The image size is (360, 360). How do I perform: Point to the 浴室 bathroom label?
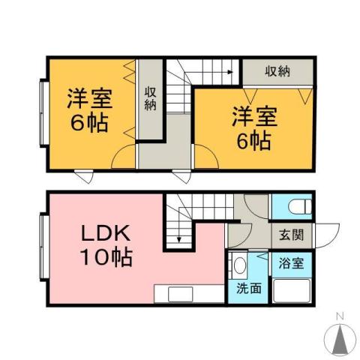coord(292,263)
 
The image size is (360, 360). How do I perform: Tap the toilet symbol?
coord(293,205)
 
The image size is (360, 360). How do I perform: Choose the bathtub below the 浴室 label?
coord(292,290)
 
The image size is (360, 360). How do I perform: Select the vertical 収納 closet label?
coord(150,98)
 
